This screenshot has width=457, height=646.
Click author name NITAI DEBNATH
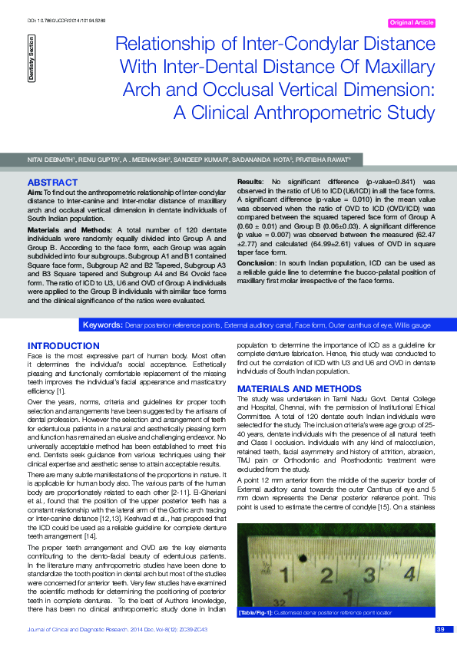(51, 159)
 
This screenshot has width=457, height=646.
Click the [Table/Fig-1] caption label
(257, 612)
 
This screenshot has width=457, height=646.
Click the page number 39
(440, 630)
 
